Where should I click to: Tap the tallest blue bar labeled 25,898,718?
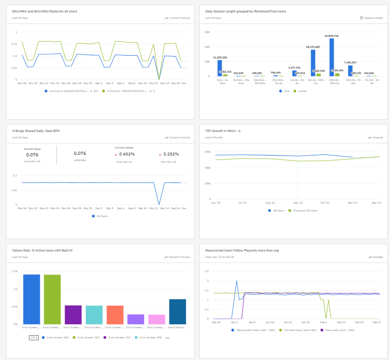[x=332, y=57]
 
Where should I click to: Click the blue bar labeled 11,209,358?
[x=219, y=68]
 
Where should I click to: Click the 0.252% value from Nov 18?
[x=171, y=154]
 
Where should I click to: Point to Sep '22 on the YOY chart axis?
[x=298, y=202]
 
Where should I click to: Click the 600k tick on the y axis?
[x=207, y=152]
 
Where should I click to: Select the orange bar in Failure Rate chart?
[x=115, y=314]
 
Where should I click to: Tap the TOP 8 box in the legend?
[x=34, y=337]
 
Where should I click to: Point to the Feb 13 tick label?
[x=341, y=322]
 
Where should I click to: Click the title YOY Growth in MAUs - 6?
[x=223, y=131]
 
